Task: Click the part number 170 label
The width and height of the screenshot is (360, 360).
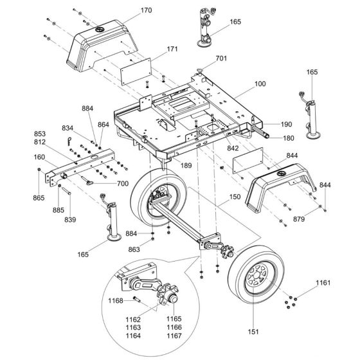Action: (x=146, y=10)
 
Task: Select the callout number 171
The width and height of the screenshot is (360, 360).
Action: (x=154, y=50)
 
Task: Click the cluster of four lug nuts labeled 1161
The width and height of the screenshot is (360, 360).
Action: (x=292, y=298)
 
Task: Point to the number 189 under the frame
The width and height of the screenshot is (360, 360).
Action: (x=185, y=165)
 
